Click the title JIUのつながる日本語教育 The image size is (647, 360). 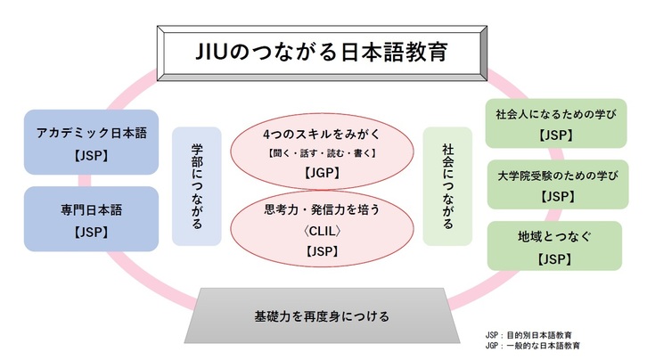click(322, 53)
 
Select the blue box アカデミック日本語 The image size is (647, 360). click(91, 142)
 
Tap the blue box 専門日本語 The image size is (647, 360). click(91, 218)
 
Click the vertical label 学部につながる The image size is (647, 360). click(197, 186)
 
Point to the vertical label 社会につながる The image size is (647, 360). click(447, 186)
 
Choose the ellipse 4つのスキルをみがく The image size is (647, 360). click(322, 151)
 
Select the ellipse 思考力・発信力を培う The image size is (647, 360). click(322, 228)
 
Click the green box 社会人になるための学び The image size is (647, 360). click(556, 123)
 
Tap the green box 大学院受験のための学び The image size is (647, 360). click(558, 184)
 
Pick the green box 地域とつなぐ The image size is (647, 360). click(554, 246)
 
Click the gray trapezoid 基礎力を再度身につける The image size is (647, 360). click(322, 315)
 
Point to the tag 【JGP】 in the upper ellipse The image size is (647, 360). click(322, 172)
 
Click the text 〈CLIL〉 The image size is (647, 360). click(322, 231)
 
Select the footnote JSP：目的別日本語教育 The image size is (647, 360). click(528, 335)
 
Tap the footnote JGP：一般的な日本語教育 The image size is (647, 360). click(533, 346)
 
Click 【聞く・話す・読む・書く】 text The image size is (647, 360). click(322, 153)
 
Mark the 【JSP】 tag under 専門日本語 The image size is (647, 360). click(91, 233)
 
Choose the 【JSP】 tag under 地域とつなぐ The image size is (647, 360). click(554, 259)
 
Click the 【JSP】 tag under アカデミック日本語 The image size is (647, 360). click(91, 155)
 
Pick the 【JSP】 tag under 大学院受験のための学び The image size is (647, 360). click(558, 197)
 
